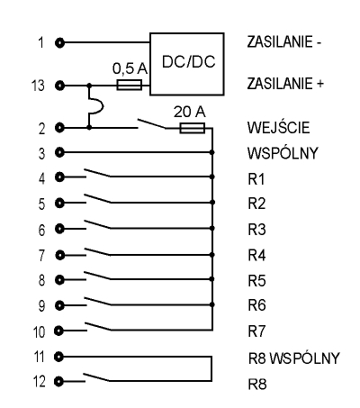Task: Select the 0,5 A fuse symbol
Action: (129, 85)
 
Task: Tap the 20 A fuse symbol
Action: (193, 128)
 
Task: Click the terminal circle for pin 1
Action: (59, 43)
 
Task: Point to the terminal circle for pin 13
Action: (59, 86)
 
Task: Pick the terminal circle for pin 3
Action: (59, 152)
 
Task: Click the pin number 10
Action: (39, 332)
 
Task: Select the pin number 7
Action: (41, 256)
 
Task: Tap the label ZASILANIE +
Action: (285, 84)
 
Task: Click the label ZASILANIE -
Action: (284, 41)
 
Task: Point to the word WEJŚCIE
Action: (278, 127)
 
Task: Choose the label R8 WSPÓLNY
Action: (294, 358)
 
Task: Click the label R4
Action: (256, 256)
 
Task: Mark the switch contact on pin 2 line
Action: (152, 123)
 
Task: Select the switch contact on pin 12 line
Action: (96, 377)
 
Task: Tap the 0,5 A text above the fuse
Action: (130, 68)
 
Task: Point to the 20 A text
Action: (190, 112)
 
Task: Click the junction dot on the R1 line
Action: (212, 177)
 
